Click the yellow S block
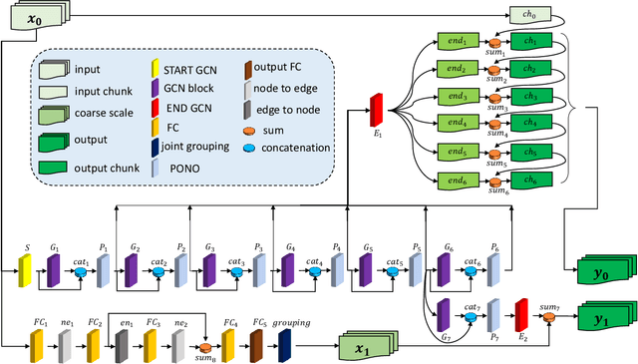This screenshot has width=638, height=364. (27, 267)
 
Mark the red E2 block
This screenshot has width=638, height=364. (520, 316)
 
